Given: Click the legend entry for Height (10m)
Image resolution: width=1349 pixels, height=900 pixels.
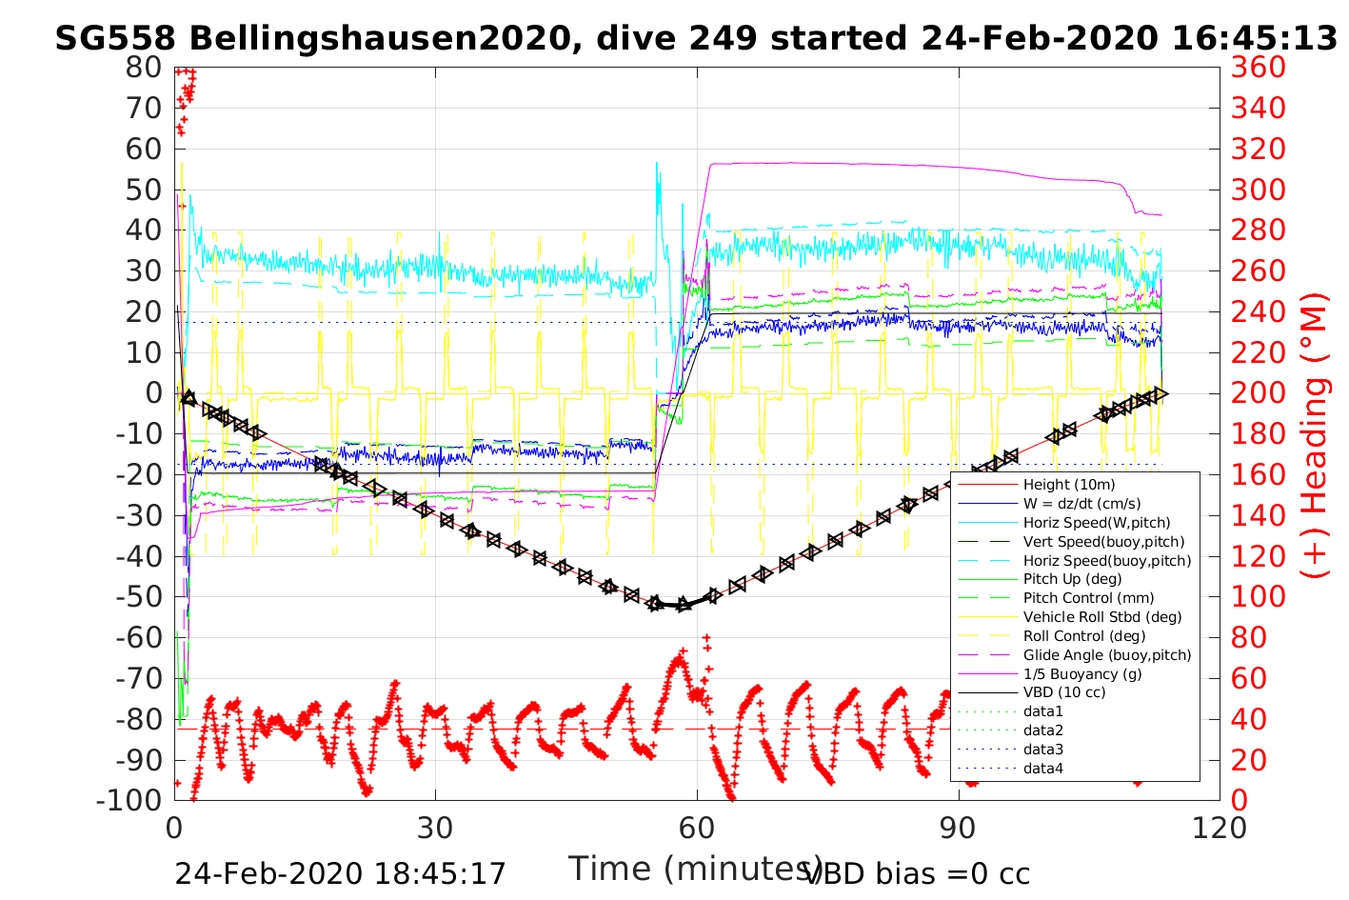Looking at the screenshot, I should [x=1068, y=485].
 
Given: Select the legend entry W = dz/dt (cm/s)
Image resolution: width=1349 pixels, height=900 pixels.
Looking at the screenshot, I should [x=1081, y=504].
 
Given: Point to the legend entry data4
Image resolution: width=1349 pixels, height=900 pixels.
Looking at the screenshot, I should [x=1042, y=768].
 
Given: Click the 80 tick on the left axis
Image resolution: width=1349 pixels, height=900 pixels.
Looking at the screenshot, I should [x=144, y=68].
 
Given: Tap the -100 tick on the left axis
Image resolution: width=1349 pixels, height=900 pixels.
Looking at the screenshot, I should [x=130, y=800].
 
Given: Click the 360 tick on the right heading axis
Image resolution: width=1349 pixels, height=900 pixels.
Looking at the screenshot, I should [x=1258, y=68].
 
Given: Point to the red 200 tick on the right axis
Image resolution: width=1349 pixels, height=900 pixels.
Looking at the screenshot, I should [x=1258, y=392].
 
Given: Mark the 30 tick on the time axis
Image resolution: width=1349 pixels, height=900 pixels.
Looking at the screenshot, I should [x=435, y=827].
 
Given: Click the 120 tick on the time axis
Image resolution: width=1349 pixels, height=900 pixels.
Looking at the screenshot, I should [x=1219, y=827].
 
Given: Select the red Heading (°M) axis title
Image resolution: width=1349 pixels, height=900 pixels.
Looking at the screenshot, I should [x=1316, y=476].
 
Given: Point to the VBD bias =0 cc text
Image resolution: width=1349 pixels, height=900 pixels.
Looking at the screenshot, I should [x=918, y=873].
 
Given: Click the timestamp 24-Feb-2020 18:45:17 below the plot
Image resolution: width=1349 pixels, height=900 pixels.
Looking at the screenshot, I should [x=340, y=873].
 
